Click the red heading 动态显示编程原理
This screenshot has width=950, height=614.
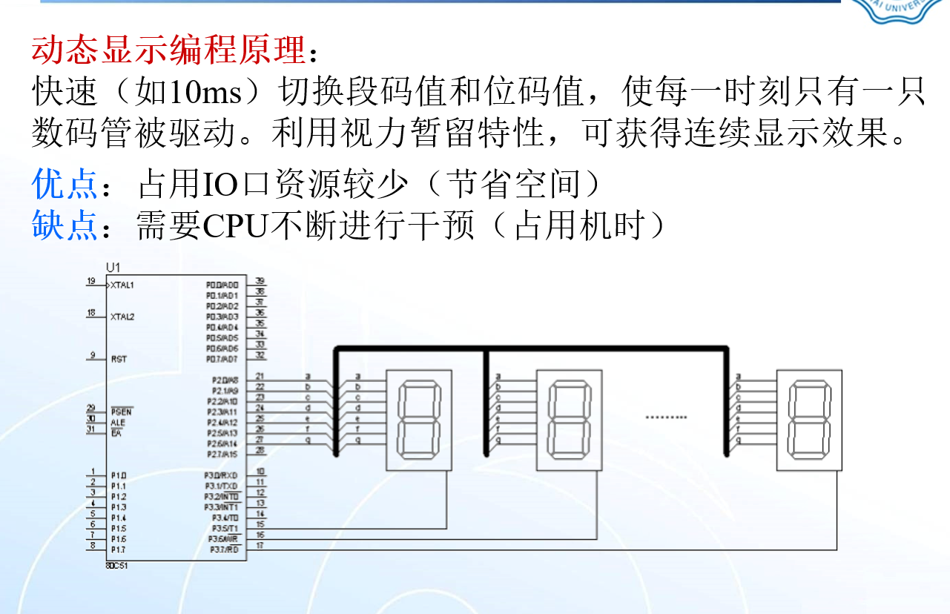168,50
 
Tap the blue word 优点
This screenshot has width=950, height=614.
65,184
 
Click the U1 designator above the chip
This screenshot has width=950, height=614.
113,267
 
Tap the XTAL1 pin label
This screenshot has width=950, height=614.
123,285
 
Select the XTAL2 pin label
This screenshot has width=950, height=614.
123,317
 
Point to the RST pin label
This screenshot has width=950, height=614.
119,359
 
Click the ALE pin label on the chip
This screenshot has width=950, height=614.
118,423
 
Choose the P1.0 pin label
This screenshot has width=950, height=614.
119,475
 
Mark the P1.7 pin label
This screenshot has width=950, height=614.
119,550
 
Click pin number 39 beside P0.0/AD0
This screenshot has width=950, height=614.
260,281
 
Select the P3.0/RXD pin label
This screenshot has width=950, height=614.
222,475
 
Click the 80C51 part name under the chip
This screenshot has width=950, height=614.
117,564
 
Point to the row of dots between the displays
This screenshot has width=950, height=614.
666,417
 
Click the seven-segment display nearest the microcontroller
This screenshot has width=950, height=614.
419,420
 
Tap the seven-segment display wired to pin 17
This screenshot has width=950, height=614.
809,420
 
